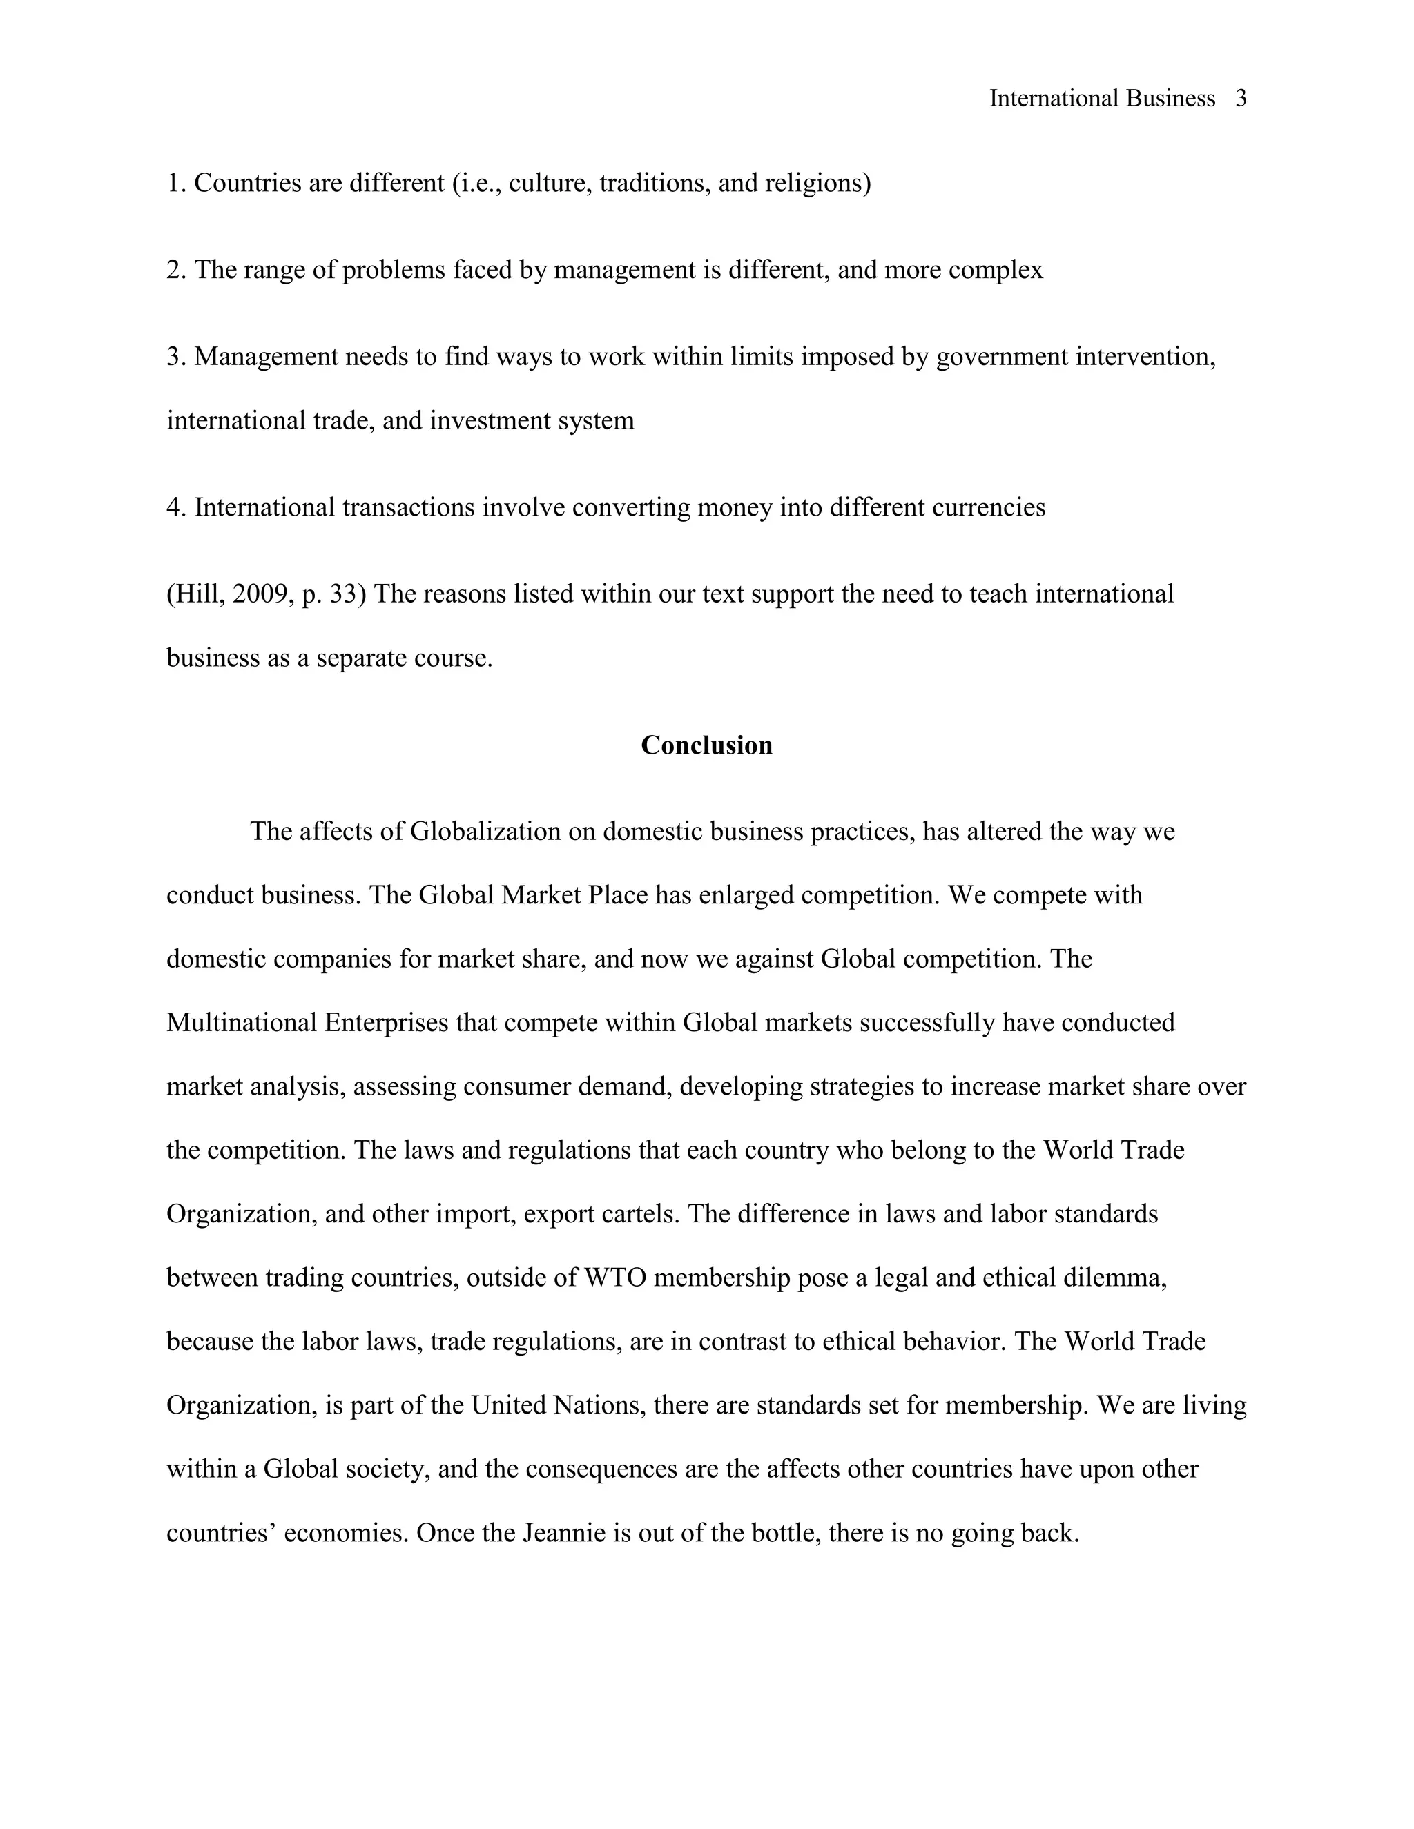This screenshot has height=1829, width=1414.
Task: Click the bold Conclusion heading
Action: (706, 745)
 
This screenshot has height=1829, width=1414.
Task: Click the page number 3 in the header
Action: (1241, 99)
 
